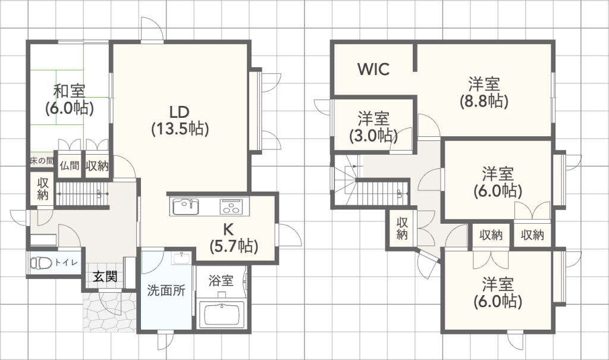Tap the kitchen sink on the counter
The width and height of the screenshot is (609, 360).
pyautogui.click(x=186, y=207)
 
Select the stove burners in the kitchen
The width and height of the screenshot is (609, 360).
pyautogui.click(x=231, y=207)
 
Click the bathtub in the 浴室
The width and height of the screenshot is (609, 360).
pyautogui.click(x=221, y=314)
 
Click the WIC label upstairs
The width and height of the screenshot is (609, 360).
pyautogui.click(x=373, y=69)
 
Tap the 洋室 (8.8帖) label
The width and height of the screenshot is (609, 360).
pyautogui.click(x=483, y=92)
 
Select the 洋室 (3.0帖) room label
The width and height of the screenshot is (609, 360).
pyautogui.click(x=373, y=126)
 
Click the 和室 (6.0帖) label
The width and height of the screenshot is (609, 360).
pyautogui.click(x=70, y=99)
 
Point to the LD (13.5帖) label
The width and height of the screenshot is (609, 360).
pyautogui.click(x=179, y=120)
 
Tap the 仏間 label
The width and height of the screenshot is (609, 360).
pyautogui.click(x=69, y=166)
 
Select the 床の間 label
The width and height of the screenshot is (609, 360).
pyautogui.click(x=42, y=161)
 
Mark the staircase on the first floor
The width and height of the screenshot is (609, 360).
pyautogui.click(x=82, y=193)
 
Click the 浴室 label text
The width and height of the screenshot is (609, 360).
pyautogui.click(x=221, y=281)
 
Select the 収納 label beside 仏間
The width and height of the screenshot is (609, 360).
pyautogui.click(x=96, y=166)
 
